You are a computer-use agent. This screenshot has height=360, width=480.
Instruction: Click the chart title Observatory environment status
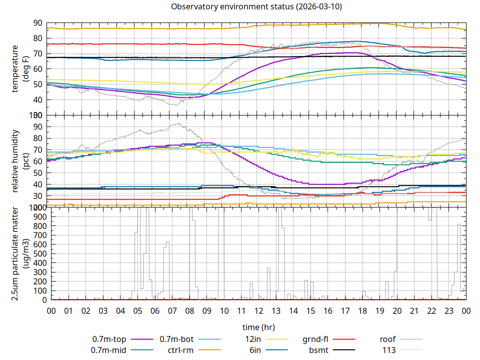pyautogui.click(x=256, y=6)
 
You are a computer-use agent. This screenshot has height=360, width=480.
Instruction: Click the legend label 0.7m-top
pyautogui.click(x=109, y=339)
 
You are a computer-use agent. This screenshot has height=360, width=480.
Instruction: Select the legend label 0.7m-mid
pyautogui.click(x=109, y=350)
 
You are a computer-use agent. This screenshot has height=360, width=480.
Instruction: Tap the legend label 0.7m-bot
pyautogui.click(x=176, y=339)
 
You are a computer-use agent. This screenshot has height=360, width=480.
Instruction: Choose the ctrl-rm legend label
pyautogui.click(x=180, y=350)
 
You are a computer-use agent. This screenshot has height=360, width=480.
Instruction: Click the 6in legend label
pyautogui.click(x=255, y=350)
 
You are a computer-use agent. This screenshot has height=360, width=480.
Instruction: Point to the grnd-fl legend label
pyautogui.click(x=315, y=339)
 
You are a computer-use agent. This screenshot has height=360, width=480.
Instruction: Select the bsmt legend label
pyautogui.click(x=318, y=350)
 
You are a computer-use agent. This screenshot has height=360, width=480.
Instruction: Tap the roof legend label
pyautogui.click(x=387, y=339)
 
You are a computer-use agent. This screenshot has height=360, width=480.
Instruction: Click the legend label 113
pyautogui.click(x=389, y=350)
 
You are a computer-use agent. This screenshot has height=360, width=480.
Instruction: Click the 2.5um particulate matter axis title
pyautogui.click(x=19, y=253)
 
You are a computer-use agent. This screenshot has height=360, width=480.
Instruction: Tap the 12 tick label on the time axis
pyautogui.click(x=258, y=310)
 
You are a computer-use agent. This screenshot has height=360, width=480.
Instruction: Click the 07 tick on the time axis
pyautogui.click(x=172, y=310)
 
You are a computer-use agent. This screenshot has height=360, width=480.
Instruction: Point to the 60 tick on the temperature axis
pyautogui.click(x=37, y=69)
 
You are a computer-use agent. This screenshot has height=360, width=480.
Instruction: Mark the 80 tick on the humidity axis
pyautogui.click(x=37, y=138)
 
